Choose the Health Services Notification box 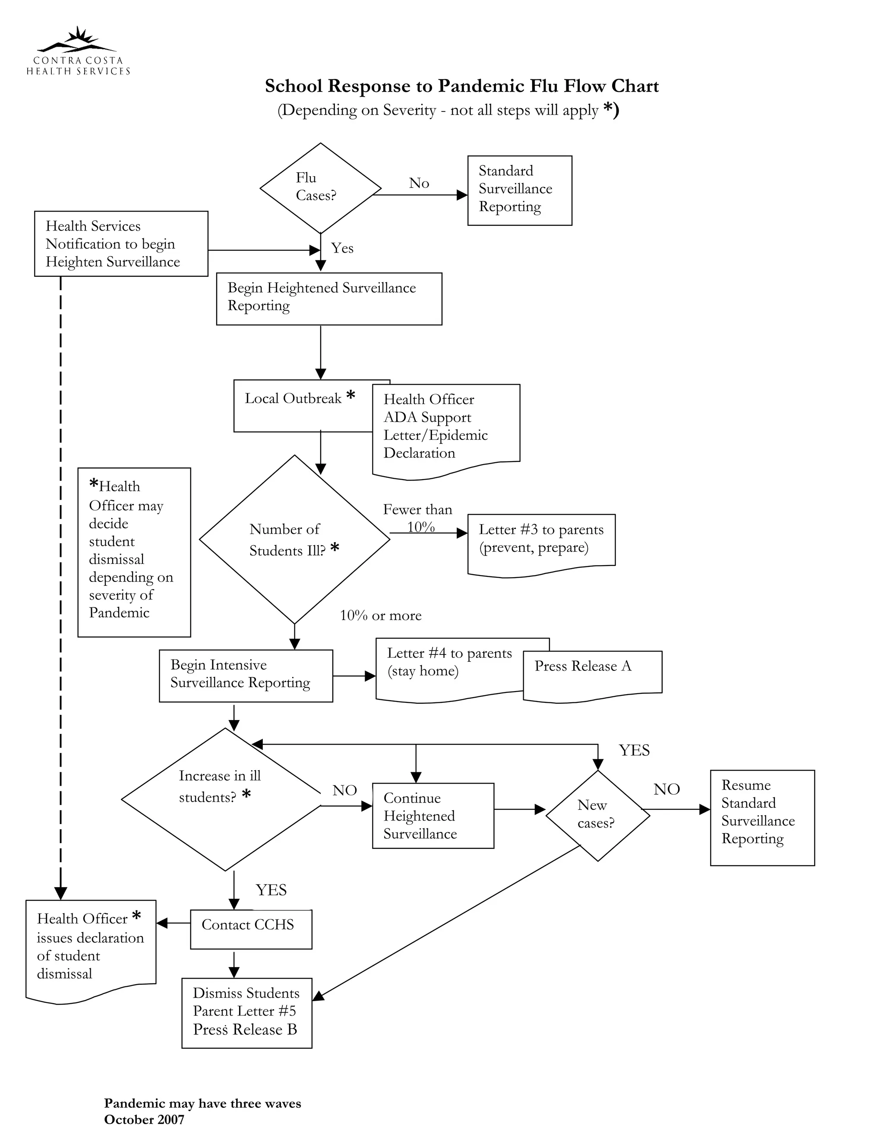121,243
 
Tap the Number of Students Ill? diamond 294,539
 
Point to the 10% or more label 380,616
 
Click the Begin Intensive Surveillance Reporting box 246,675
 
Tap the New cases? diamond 597,815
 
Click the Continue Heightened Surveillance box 433,815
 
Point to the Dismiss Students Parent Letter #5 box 246,1012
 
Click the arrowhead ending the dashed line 61,893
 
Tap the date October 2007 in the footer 144,1119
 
